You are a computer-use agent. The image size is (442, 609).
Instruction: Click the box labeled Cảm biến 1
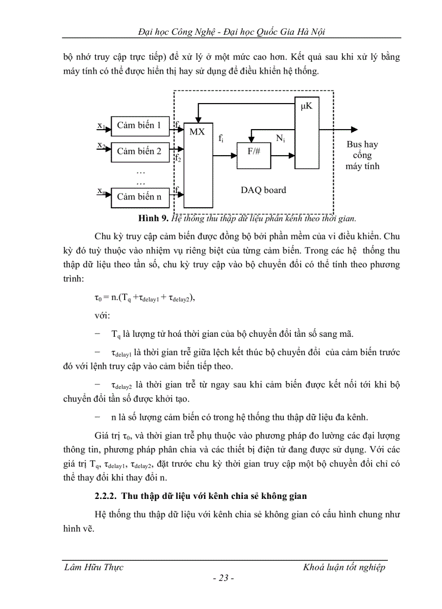139,126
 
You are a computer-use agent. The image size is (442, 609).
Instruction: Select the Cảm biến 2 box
139,151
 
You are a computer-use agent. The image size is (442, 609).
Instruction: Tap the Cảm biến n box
139,197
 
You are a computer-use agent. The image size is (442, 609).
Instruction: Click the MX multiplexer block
197,163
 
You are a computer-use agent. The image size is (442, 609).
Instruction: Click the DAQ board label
263,190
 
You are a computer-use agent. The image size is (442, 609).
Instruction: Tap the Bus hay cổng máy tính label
362,155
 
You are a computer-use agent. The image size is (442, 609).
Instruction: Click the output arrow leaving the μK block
338,129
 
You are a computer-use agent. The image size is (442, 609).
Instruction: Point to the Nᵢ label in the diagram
281,139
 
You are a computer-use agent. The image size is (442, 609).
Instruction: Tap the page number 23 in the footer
223,579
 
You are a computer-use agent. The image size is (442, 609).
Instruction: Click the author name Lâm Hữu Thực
94,567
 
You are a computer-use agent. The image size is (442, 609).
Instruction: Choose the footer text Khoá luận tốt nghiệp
344,567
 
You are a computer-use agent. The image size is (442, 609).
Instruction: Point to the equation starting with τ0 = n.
145,298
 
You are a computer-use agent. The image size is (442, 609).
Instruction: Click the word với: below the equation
102,315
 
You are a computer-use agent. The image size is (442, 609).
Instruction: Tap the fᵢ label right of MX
222,139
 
